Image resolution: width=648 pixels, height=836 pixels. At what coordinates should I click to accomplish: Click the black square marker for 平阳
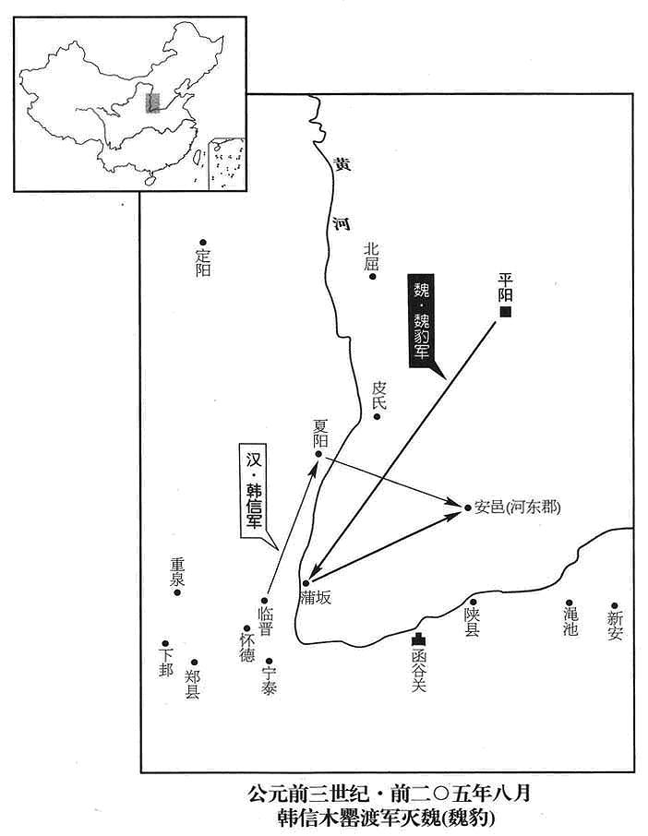point(505,312)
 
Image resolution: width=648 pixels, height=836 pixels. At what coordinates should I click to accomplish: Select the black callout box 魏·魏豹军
point(421,321)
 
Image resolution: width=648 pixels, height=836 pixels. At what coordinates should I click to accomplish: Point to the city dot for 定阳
point(203,243)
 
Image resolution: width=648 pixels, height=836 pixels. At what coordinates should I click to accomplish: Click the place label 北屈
point(371,256)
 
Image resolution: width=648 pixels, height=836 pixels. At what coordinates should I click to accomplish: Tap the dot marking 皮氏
point(377,417)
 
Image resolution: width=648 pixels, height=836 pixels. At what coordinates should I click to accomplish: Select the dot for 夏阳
point(318,454)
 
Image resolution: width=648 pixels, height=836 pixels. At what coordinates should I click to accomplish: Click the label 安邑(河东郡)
point(517,507)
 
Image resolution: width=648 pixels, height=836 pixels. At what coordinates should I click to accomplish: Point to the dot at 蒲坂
point(306,583)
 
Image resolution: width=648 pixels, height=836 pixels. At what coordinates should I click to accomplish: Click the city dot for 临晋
point(264,601)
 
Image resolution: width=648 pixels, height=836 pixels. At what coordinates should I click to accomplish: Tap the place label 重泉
point(177,572)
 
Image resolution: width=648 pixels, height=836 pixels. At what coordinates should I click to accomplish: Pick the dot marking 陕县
point(473,602)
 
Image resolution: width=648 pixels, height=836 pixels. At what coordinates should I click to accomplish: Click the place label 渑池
point(570,622)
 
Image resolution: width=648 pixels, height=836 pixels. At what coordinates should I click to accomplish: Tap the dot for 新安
point(615,605)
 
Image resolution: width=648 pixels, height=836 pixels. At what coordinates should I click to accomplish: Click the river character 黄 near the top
point(342,164)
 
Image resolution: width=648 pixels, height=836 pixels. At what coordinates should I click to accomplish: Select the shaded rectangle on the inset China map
point(152,102)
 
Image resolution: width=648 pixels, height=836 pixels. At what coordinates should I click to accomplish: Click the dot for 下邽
point(165,643)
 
